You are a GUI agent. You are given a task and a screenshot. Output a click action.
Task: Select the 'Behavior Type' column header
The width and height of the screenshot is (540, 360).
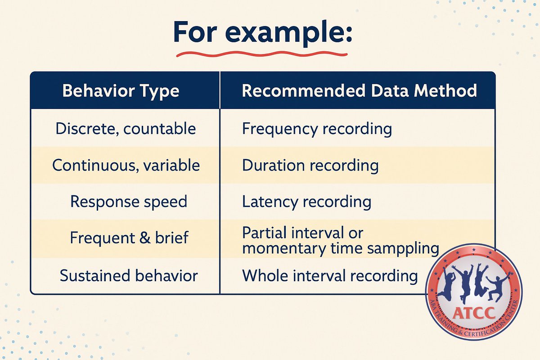tap(121, 91)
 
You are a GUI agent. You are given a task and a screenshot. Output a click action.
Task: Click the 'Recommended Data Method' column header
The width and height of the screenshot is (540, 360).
tap(359, 91)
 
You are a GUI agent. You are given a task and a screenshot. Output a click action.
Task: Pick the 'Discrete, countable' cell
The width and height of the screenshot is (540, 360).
tap(126, 129)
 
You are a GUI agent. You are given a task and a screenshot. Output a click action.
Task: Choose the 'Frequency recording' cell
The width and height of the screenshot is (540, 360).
tap(317, 129)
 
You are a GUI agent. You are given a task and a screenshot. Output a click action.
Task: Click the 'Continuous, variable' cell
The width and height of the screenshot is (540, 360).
tap(126, 165)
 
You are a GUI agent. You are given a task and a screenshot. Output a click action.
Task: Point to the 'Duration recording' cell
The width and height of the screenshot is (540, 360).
tap(310, 165)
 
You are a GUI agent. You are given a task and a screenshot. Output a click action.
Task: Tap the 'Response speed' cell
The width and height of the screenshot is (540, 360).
tap(128, 201)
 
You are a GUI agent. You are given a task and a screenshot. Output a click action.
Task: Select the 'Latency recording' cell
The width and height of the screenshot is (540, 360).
tap(306, 202)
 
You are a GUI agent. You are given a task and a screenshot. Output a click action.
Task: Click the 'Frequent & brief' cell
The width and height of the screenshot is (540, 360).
tap(129, 238)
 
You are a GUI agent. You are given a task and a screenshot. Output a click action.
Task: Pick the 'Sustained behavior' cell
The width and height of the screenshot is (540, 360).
tap(128, 275)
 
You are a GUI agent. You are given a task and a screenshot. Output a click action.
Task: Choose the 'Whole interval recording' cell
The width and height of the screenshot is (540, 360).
tap(330, 275)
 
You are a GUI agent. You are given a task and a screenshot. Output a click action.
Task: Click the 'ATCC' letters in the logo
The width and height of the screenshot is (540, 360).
tap(473, 312)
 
